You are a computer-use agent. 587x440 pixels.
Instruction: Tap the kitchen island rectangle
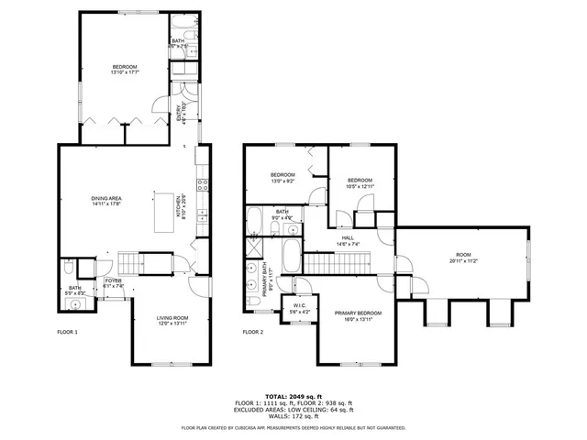pos(166,214)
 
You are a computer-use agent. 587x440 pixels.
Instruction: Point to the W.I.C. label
pos(300,308)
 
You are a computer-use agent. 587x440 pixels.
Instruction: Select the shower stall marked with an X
pos(251,248)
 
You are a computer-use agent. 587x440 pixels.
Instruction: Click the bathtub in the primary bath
pos(290,256)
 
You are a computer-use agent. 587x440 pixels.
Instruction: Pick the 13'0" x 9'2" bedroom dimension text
pos(282,181)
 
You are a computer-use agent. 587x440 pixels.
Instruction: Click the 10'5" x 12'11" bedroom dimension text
pos(360,186)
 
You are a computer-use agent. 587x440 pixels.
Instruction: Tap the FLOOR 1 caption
pos(67,332)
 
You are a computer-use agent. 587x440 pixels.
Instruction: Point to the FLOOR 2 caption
pos(252,332)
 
